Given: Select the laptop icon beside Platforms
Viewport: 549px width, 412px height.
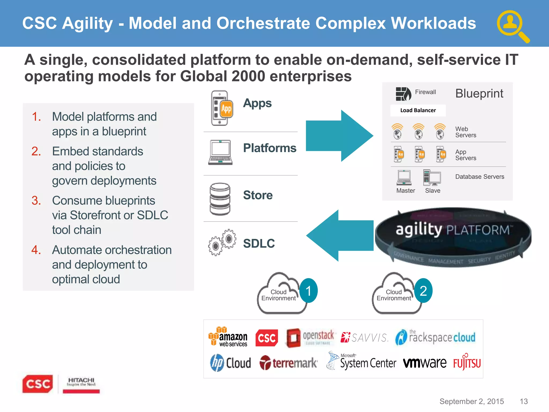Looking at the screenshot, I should click(220, 152).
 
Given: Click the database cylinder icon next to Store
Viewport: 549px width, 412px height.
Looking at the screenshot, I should click(220, 199).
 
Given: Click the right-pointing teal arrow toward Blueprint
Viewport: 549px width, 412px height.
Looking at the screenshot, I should click(339, 136).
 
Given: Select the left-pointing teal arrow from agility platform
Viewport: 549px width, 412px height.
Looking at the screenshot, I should click(340, 236).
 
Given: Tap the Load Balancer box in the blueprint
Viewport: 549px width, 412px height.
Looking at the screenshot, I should click(418, 111).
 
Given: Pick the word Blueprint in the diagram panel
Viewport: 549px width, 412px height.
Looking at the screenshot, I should click(479, 93).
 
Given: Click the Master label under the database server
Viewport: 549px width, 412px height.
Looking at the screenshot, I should click(406, 191).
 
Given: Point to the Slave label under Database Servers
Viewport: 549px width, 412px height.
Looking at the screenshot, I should click(433, 191).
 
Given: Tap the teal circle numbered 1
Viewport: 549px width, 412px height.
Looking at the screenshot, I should click(309, 291).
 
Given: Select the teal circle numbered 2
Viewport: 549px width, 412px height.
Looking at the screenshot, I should click(423, 291).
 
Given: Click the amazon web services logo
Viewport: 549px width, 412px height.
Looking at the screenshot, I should click(228, 337).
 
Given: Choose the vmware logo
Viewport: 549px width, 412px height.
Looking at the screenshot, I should click(425, 363).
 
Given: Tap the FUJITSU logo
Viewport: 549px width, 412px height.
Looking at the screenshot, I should click(467, 363).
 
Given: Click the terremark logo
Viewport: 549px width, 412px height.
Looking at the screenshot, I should click(288, 363).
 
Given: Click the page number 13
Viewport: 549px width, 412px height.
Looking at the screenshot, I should click(524, 401).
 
